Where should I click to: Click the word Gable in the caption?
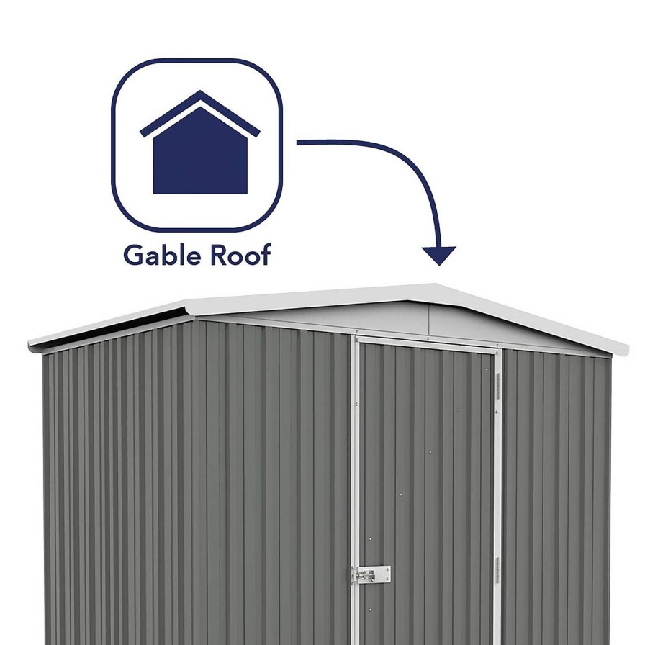pos(162,256)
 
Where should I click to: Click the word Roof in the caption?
pos(240,255)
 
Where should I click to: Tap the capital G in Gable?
pos(132,255)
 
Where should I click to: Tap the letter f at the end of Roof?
pos(266,254)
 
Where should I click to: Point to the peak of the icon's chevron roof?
pos(200,91)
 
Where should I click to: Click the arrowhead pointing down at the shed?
pos(439,255)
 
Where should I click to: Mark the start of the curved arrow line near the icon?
pos(298,143)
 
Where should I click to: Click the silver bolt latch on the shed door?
pos(370,574)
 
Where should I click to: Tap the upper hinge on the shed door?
pos(497,386)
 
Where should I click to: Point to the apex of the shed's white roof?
pos(436,284)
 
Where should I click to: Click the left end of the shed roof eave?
pos(30,346)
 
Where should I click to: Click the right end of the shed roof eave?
pos(627,350)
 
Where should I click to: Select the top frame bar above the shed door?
pos(428,342)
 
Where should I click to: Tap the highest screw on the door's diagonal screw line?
pos(486,370)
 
